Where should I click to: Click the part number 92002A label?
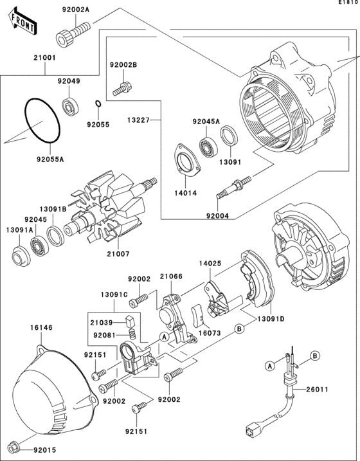[x=75, y=10]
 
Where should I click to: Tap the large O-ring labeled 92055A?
[x=42, y=121]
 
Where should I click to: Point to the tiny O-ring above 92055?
[x=98, y=104]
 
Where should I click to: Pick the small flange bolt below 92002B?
[x=122, y=89]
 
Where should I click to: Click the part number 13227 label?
[x=139, y=120]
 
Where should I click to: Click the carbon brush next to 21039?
[x=130, y=321]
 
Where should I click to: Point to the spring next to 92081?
[x=133, y=334]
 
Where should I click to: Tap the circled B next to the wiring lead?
[x=315, y=356]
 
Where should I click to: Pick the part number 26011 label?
[x=317, y=390]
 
